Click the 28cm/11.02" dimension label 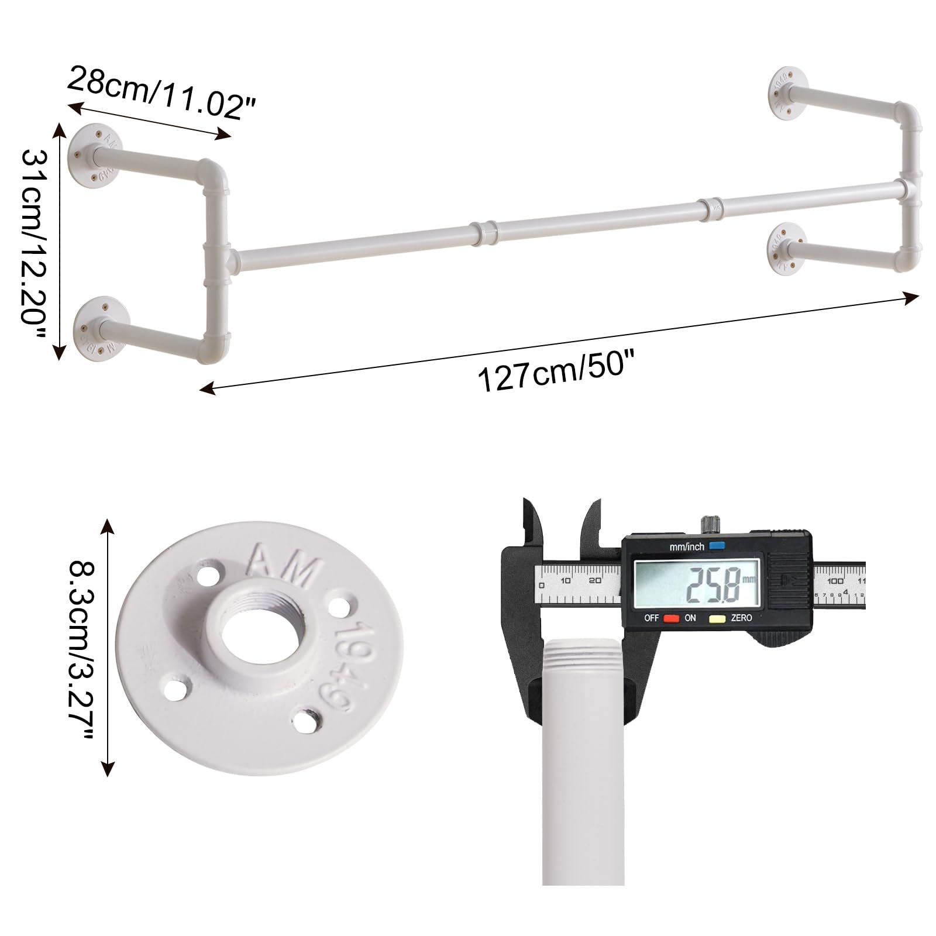[161, 92]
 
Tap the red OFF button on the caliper [671, 618]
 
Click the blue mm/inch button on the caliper [717, 546]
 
